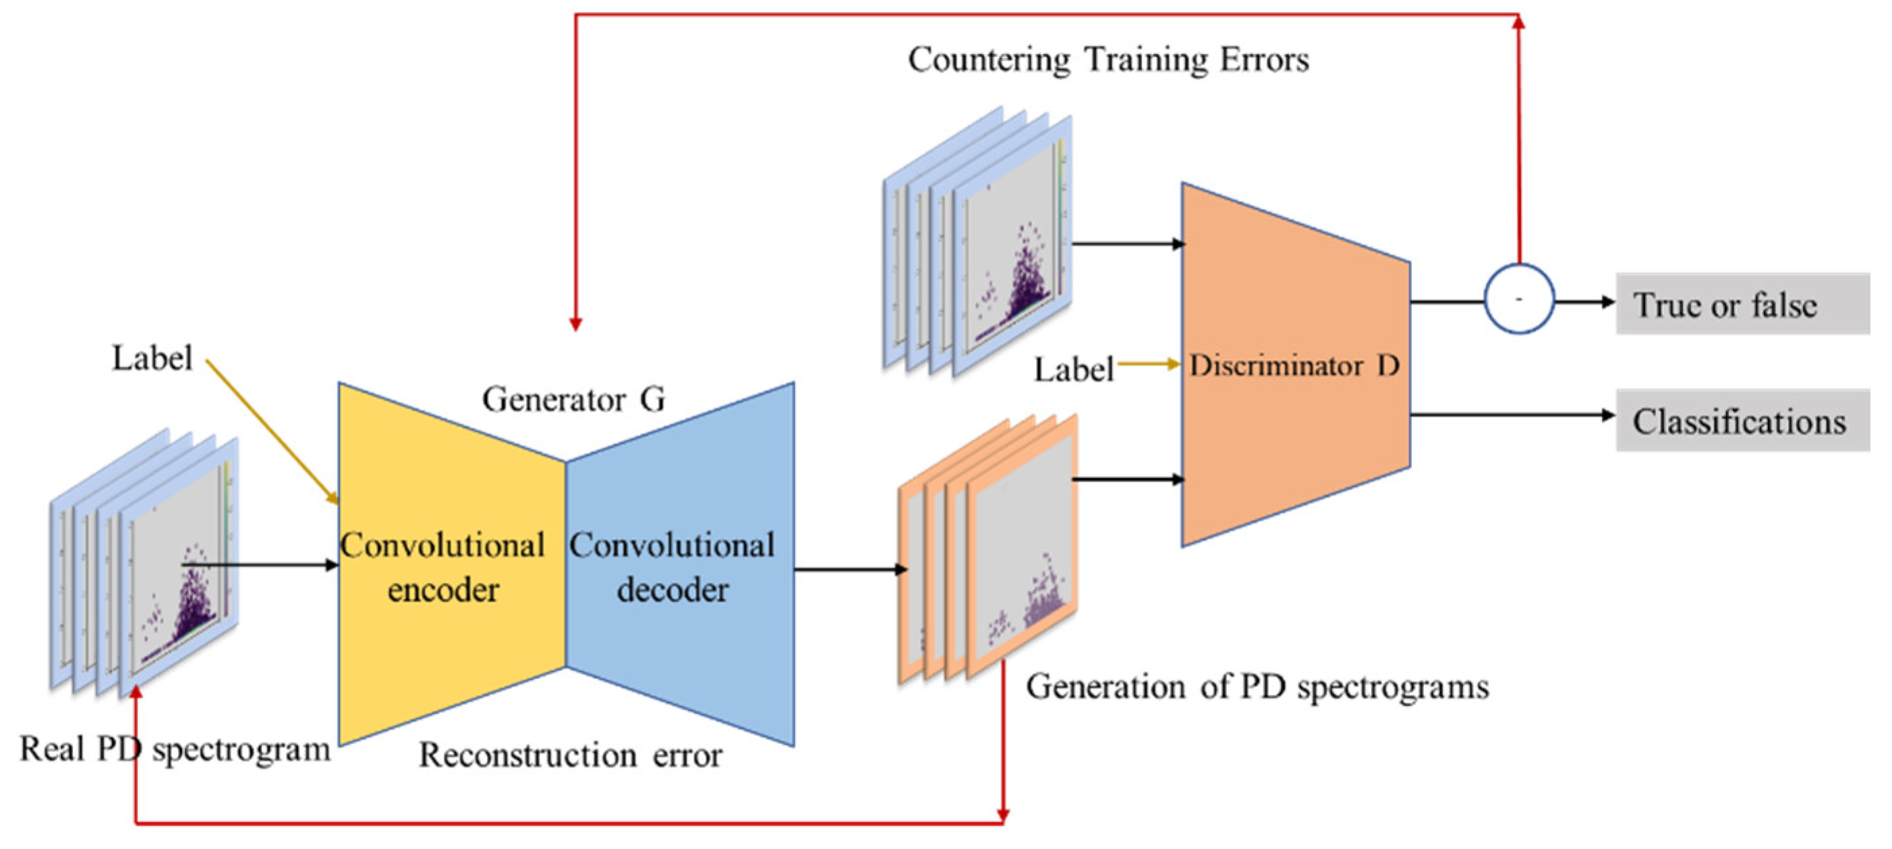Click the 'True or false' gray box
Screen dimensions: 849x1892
click(1742, 304)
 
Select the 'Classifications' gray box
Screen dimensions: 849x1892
click(1742, 421)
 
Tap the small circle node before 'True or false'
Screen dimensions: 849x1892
click(1519, 299)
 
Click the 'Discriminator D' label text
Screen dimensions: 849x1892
click(1294, 365)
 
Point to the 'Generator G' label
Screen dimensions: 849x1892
click(573, 399)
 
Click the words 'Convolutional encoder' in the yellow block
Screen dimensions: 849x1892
click(443, 567)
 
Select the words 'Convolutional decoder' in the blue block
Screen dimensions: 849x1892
click(672, 567)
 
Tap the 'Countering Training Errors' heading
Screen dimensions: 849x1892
click(1108, 59)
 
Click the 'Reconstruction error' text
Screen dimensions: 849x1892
click(570, 755)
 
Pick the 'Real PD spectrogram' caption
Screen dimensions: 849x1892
click(175, 749)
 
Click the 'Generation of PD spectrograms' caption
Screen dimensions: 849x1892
click(1257, 687)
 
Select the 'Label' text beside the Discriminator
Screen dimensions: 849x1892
click(1073, 370)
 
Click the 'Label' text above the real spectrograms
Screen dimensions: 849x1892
click(151, 358)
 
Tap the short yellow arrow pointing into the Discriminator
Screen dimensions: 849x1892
click(1149, 363)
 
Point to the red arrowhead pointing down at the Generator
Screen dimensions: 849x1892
click(576, 324)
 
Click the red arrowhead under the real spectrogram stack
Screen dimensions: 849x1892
click(136, 693)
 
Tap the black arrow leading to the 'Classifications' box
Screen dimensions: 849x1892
click(1513, 415)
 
